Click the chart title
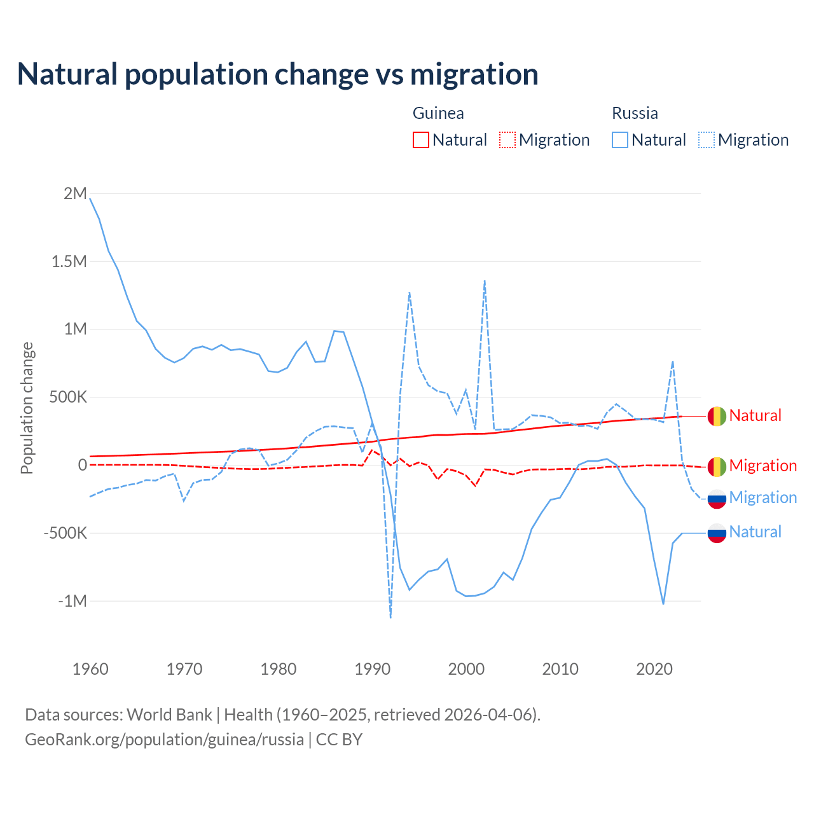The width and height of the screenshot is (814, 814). pos(278,74)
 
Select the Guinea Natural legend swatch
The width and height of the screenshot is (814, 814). pos(421,140)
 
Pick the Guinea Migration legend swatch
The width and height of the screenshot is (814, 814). pos(507,140)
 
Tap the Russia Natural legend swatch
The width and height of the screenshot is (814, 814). pos(620,140)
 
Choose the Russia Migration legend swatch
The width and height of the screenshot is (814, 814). pos(707,140)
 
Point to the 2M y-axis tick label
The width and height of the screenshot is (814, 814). pos(75,193)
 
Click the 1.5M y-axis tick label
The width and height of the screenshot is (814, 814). pos(69,261)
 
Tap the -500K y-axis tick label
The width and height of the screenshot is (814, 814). pos(65,533)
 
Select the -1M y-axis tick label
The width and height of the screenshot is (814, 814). pos(72,601)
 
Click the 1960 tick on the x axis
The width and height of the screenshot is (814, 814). pos(90,669)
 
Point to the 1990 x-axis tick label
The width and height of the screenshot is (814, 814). pos(372,669)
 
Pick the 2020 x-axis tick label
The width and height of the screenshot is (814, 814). pos(654,669)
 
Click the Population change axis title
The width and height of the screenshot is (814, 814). pos(27,408)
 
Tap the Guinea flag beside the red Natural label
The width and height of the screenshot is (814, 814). pos(717,416)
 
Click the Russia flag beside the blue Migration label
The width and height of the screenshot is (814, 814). pos(717,499)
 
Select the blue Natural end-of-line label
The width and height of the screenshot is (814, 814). pos(755,532)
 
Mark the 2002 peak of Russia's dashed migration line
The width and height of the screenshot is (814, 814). pos(485,280)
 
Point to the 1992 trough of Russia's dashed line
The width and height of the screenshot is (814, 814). pos(390,617)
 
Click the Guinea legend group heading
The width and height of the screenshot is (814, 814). pos(438,113)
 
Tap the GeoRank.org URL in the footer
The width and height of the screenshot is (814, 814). pos(164,740)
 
